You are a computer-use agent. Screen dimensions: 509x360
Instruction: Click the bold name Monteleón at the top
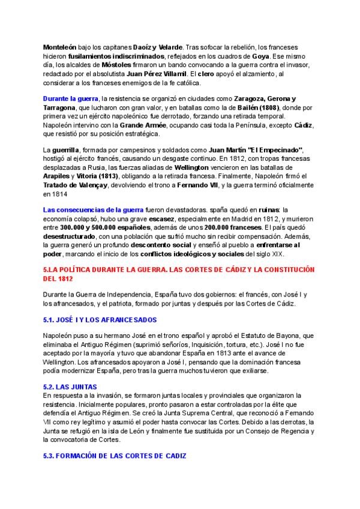point(62,47)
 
